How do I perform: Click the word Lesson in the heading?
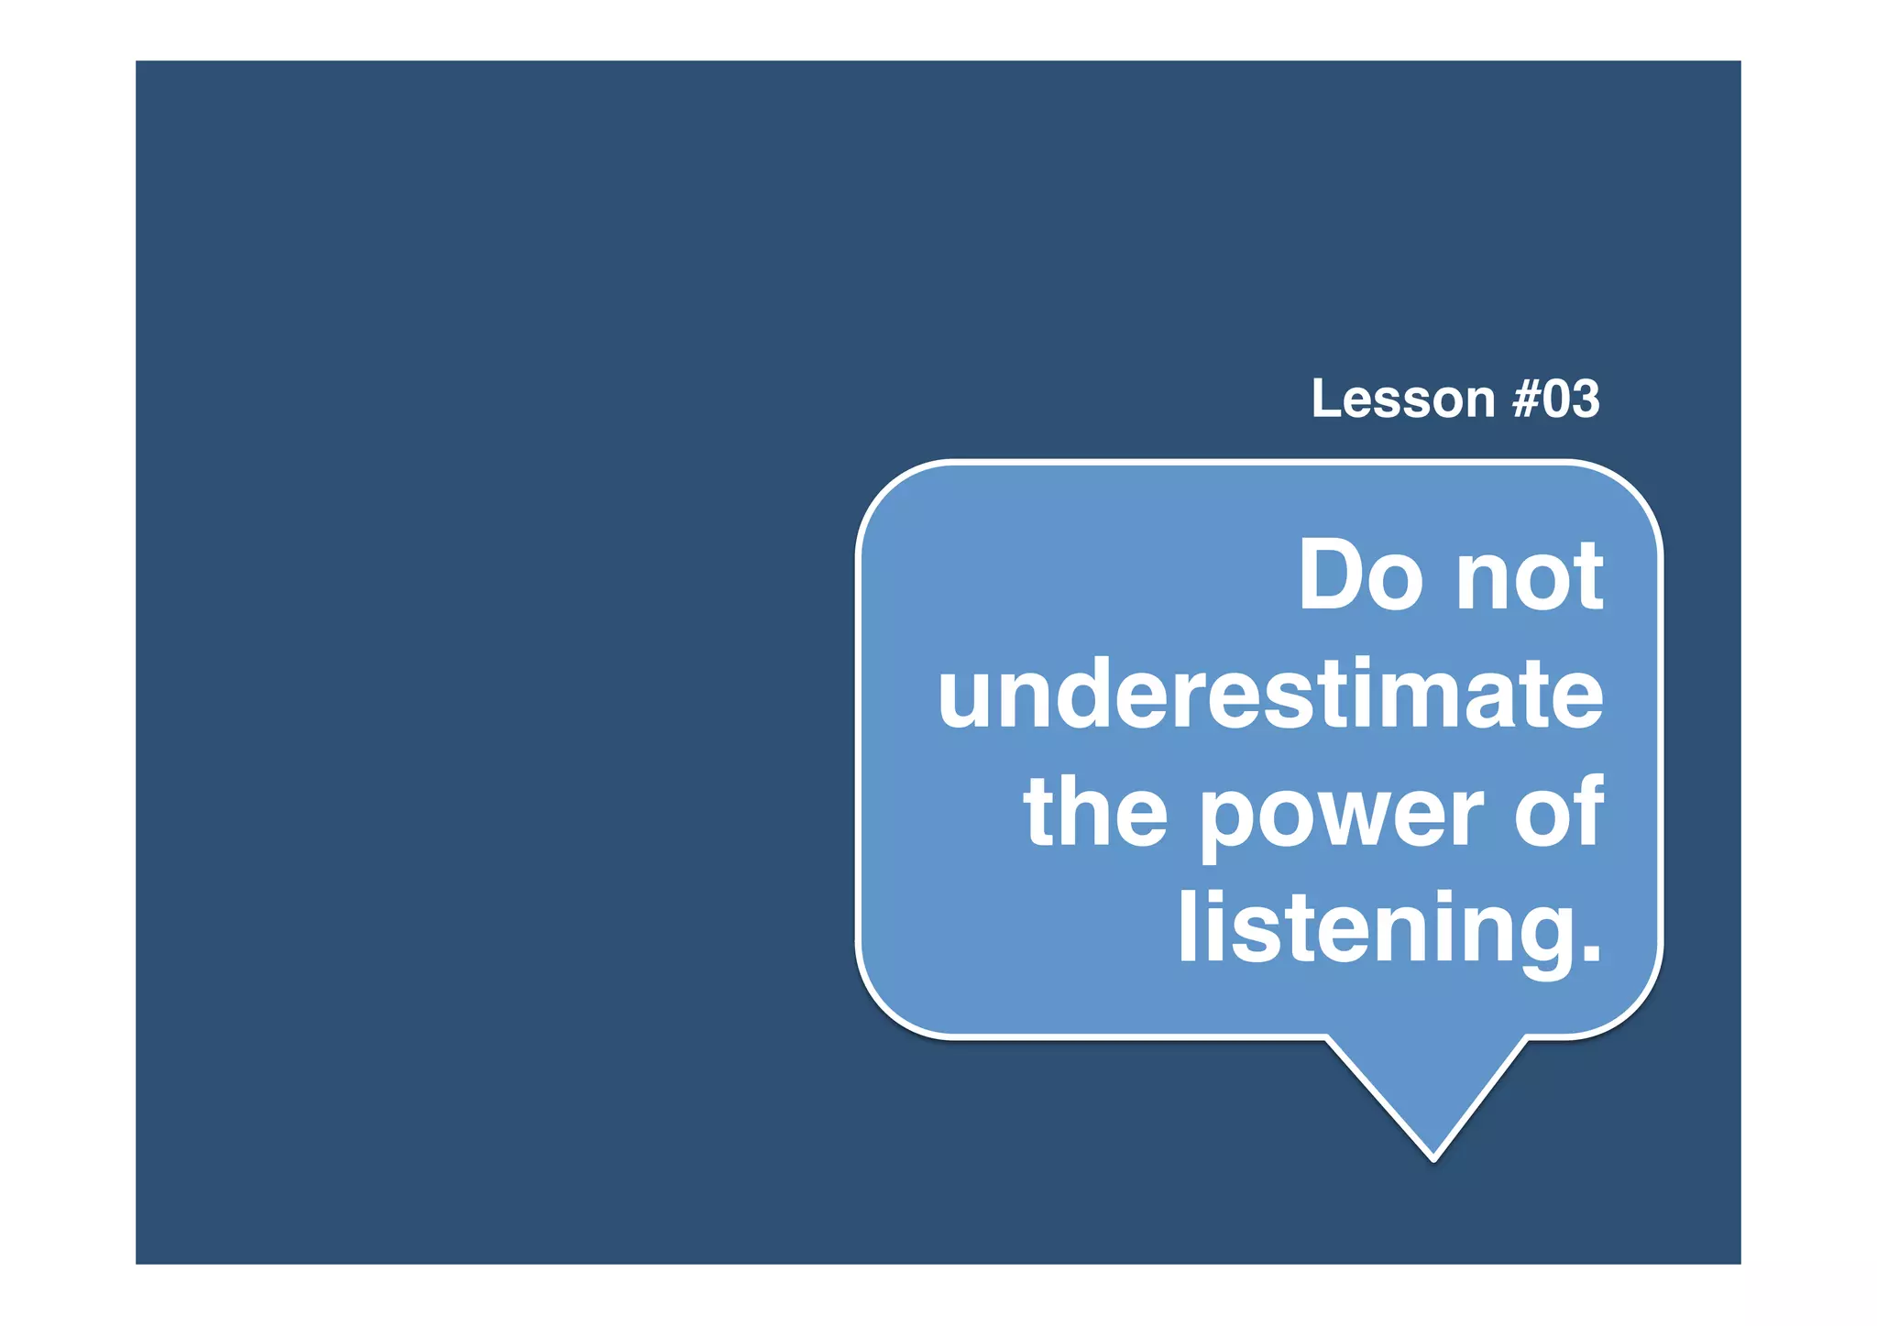(1403, 400)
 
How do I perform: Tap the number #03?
(1555, 400)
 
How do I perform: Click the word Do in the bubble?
(1362, 575)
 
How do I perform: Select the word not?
(1530, 577)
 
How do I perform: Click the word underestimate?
(1269, 695)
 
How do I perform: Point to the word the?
(1095, 811)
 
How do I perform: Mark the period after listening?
(1590, 954)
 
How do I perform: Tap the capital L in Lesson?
(1325, 400)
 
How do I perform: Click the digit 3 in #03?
(1585, 400)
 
